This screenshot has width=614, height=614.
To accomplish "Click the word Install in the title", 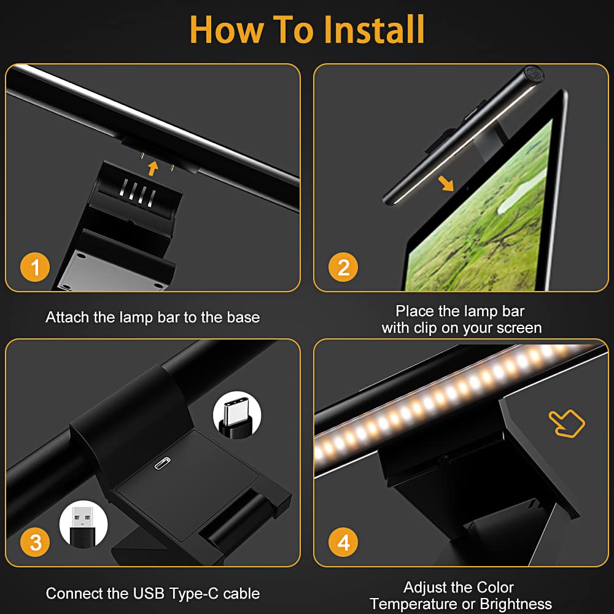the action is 375,29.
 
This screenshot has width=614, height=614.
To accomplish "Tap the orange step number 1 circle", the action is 35,267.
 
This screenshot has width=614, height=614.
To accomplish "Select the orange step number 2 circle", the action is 343,267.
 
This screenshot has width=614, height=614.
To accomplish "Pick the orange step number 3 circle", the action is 35,542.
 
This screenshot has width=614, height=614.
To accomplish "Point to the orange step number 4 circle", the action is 343,542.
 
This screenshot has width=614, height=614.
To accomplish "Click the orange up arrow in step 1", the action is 153,168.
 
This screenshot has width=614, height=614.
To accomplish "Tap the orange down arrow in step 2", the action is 446,183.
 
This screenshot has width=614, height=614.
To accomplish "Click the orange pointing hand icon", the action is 567,423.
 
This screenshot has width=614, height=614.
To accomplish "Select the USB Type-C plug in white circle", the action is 237,415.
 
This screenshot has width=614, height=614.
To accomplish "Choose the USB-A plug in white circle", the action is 84,525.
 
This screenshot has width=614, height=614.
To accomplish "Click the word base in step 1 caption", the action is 243,317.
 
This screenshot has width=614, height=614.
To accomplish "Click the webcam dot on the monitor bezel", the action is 467,188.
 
